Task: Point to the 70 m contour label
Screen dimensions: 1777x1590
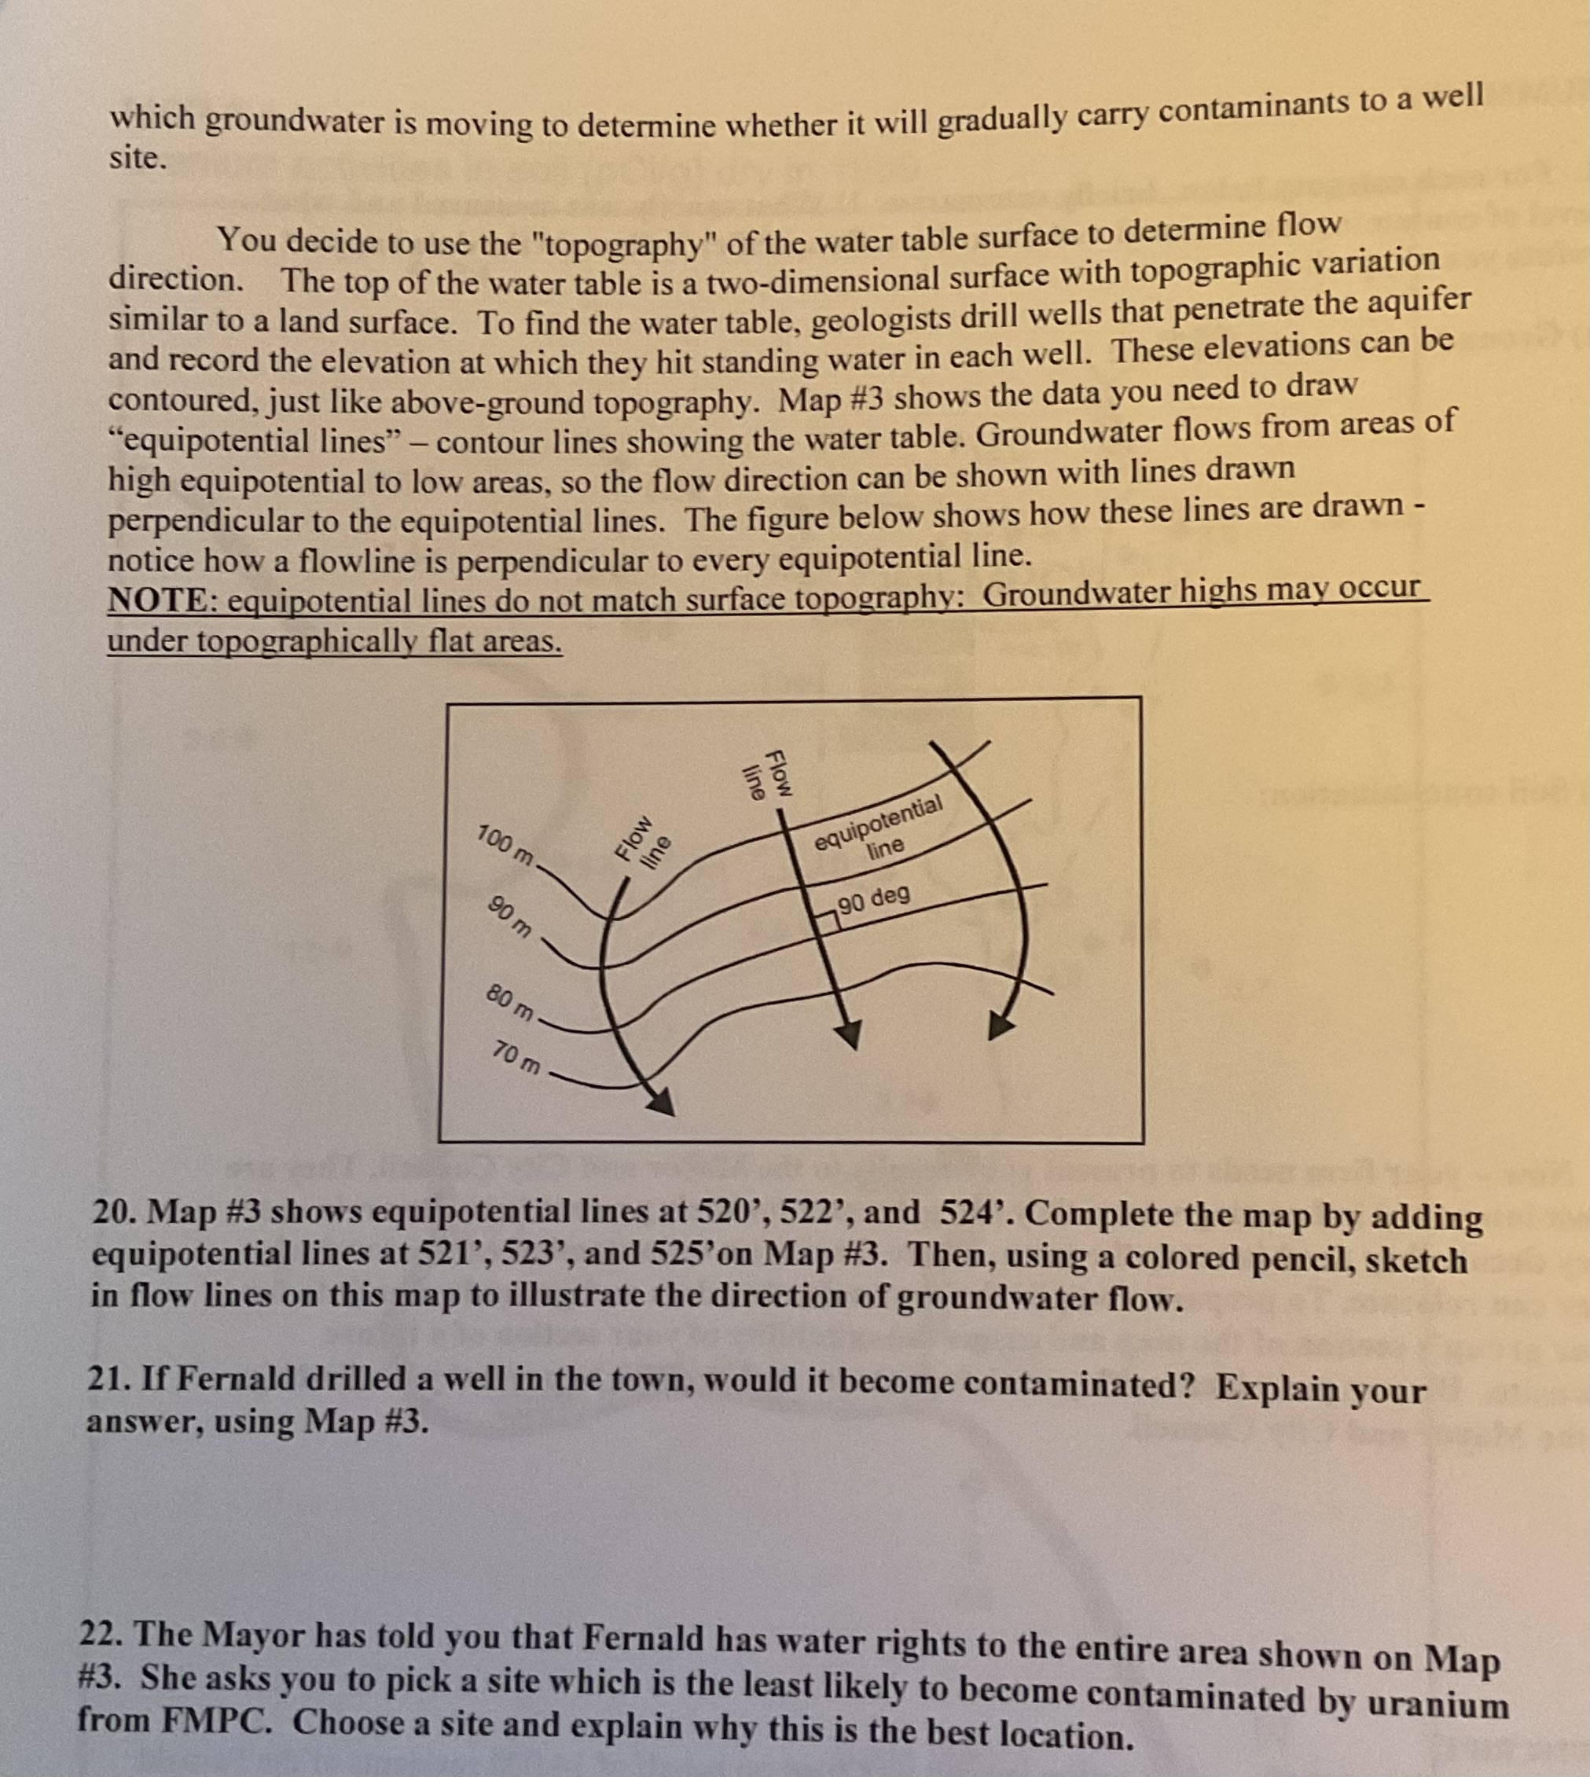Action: pyautogui.click(x=516, y=1058)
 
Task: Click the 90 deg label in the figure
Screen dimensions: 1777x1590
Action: pyautogui.click(x=874, y=898)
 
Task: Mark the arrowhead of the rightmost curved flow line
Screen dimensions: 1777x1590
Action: pyautogui.click(x=1002, y=1025)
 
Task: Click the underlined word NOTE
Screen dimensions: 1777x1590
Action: pyautogui.click(x=155, y=601)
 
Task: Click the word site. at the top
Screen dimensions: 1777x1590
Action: pyautogui.click(x=138, y=158)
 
